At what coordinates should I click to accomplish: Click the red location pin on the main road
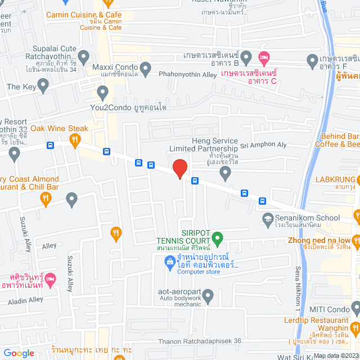(x=179, y=169)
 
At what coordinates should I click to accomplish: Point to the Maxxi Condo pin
(x=145, y=70)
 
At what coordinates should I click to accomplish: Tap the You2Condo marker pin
(x=102, y=92)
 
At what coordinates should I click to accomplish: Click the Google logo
(x=19, y=353)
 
